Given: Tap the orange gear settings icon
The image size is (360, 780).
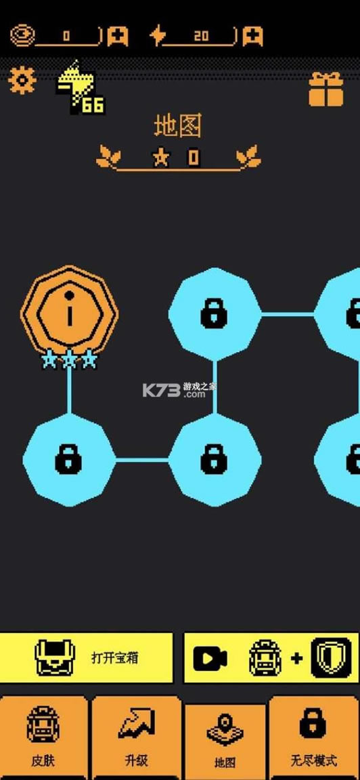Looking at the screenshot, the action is (x=22, y=80).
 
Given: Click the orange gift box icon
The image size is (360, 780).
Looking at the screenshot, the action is (x=326, y=89).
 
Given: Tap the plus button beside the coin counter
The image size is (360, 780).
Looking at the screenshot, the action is (x=118, y=36).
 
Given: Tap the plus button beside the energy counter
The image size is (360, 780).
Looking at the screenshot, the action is (x=252, y=36).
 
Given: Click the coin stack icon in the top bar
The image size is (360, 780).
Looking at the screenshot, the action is (x=23, y=36).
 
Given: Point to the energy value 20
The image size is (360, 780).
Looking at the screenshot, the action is (x=201, y=37).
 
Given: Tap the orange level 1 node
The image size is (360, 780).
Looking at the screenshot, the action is (x=69, y=313).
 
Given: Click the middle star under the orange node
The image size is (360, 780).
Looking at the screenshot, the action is (x=69, y=359).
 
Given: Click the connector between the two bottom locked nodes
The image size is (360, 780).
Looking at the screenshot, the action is (x=142, y=460).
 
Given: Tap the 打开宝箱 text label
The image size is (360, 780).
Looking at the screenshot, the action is (x=115, y=657).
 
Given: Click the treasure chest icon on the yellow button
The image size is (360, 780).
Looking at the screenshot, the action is (x=55, y=657).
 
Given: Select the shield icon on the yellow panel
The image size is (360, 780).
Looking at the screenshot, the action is (x=331, y=658).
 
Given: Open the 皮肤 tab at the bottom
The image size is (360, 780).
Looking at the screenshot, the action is (x=43, y=738).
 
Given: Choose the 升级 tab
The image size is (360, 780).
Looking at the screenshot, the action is (x=136, y=738).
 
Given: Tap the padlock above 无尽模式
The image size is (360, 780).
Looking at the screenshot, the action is (x=314, y=724).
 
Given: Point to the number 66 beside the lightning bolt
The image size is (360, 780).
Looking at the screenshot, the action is (x=93, y=105).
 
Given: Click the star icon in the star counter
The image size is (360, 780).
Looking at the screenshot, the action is (x=160, y=158).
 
